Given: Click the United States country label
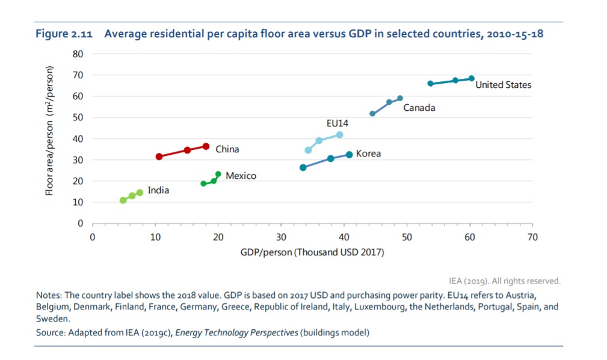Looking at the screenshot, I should coord(503,85).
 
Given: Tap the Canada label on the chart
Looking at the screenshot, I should coord(419,108).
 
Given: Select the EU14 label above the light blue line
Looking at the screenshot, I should coord(337,123).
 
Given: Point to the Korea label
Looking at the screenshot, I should coord(368,154).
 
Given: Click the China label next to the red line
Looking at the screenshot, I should coord(227,149).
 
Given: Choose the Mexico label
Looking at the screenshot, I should coord(241,176).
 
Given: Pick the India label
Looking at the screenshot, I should coord(158,190).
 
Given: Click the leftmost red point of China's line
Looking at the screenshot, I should coord(159,157).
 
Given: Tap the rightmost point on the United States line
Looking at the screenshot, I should coord(472,78).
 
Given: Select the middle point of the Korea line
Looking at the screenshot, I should coord(330,158).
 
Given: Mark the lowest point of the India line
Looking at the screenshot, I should coord(123,200).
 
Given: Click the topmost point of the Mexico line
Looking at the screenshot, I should coord(218,174).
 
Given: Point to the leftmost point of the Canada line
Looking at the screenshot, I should coord(372,113).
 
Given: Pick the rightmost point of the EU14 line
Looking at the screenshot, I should coord(340,135).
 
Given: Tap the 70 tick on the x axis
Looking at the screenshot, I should coord(532,237).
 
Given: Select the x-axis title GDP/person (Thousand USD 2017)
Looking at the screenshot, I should coord(312,252).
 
